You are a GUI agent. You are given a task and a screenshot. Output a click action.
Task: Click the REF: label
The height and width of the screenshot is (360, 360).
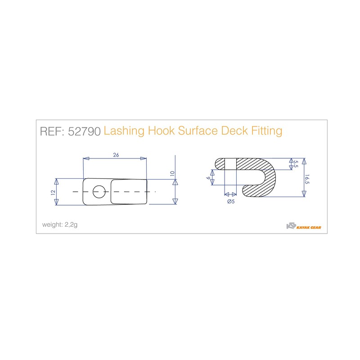click(53, 131)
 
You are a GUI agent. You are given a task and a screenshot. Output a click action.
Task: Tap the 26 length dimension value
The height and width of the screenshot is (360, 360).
click(116, 155)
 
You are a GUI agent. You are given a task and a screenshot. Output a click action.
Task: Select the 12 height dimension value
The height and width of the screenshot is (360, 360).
click(53, 192)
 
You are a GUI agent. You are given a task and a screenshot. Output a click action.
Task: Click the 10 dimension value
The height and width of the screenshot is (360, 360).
click(172, 173)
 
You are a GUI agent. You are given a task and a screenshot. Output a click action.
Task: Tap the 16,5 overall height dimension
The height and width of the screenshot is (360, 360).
click(306, 180)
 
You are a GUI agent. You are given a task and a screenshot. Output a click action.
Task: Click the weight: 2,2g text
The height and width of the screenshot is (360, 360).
click(60, 225)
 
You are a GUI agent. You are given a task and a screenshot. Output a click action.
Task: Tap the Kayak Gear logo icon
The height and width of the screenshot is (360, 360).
click(292, 226)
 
